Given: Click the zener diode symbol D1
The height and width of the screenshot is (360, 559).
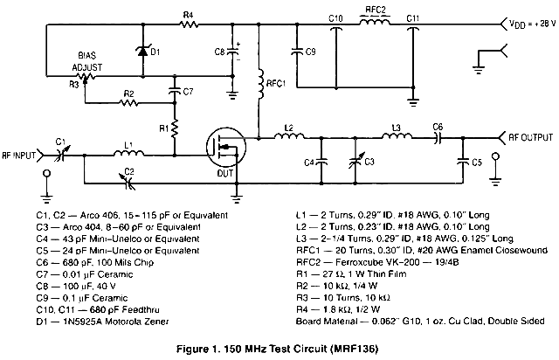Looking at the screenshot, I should [x=141, y=51].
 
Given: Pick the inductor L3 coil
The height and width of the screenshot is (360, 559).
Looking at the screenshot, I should [x=396, y=136].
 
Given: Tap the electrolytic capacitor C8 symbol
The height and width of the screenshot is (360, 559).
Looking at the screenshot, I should [x=233, y=52].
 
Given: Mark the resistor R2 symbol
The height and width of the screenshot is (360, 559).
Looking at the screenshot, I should [x=128, y=102].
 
